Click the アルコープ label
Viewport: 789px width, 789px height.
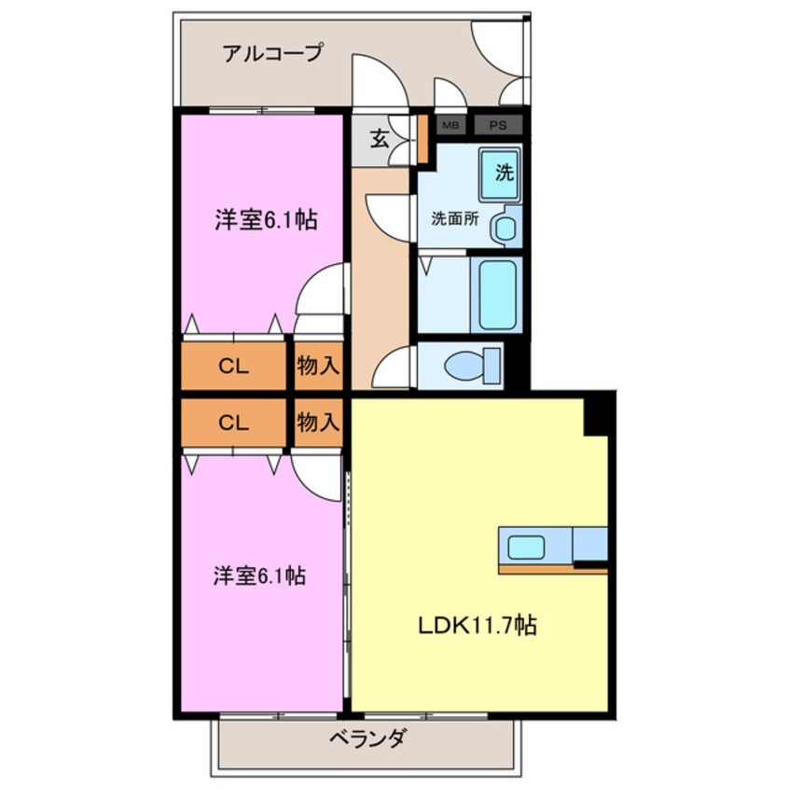click(x=271, y=53)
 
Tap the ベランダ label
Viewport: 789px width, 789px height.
click(x=367, y=741)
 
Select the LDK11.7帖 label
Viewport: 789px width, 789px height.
click(x=476, y=626)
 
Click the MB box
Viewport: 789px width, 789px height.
click(x=450, y=124)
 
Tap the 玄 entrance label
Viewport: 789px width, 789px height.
click(x=380, y=140)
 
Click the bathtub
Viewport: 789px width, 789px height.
click(x=495, y=295)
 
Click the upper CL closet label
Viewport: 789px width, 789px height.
click(x=233, y=367)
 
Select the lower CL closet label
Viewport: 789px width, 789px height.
click(x=233, y=422)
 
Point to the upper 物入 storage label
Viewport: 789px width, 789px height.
click(x=317, y=367)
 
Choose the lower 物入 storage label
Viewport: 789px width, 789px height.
click(x=317, y=422)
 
